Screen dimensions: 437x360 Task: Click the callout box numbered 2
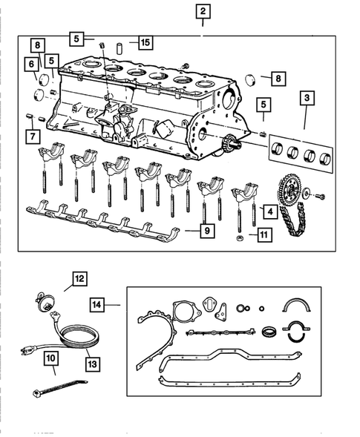(x=203, y=11)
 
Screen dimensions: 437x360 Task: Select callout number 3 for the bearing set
(x=306, y=98)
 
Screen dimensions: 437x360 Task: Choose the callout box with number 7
(x=32, y=137)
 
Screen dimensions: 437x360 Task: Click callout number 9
(x=207, y=231)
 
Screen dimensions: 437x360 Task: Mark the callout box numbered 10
(x=50, y=359)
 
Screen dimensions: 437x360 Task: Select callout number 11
(x=261, y=237)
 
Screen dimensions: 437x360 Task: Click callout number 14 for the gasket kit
(x=98, y=304)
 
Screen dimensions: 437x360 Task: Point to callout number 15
(x=144, y=43)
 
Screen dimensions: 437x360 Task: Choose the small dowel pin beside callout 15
(x=118, y=47)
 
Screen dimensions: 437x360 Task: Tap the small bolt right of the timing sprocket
(x=321, y=196)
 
